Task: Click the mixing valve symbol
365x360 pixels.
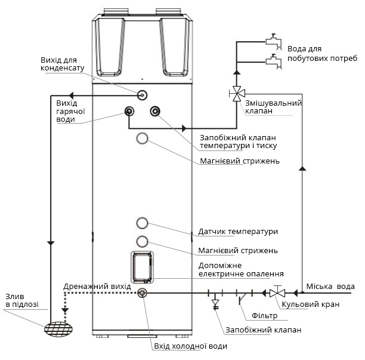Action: pos(237,94)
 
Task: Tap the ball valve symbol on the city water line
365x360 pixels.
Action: pos(277,293)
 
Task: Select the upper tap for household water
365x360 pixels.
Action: pos(274,42)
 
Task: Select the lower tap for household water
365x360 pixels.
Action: pos(274,61)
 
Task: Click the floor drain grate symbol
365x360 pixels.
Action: pos(58,329)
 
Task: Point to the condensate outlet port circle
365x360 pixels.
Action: pos(142,95)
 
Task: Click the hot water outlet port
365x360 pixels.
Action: pos(129,112)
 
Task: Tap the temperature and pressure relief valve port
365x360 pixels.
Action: pos(155,112)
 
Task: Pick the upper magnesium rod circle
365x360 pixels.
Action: pos(142,138)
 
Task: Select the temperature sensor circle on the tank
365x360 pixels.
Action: pos(142,223)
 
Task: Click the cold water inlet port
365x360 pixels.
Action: pos(142,293)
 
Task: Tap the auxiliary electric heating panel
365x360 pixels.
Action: pos(142,267)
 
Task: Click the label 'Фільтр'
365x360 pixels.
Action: pos(264,316)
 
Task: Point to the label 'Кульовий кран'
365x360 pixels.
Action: pos(311,304)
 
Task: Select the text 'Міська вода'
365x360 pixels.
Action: pos(330,287)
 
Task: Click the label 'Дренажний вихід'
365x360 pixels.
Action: pos(97,287)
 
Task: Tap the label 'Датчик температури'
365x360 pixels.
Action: pos(238,232)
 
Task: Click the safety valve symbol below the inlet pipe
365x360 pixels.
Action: pos(215,304)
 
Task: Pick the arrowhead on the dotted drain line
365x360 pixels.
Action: pos(65,310)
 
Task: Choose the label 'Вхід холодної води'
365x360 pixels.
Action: pos(191,346)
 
